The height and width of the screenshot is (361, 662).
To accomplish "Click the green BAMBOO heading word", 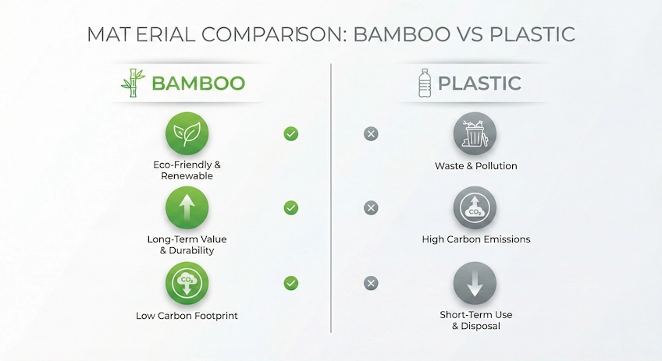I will coord(198,83).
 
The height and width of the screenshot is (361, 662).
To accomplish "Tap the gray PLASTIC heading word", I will coord(479,83).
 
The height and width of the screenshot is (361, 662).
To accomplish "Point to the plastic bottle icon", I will coord(425,83).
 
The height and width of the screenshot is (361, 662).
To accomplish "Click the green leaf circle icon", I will coord(187,133).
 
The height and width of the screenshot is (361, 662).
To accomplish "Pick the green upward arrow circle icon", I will coord(187,208).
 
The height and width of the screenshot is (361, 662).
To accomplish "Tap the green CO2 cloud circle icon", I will coord(187,283).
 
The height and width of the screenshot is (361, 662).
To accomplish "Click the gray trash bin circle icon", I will coord(475,133).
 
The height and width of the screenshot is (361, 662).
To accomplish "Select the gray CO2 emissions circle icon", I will coord(475,208).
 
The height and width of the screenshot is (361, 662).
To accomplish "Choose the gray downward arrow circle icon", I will coord(475,283).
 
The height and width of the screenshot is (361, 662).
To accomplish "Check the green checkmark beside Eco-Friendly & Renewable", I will coord(290,134).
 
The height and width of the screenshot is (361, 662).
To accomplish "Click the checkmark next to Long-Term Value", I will coord(290,208).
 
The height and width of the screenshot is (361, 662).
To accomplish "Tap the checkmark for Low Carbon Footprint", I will coord(290,283).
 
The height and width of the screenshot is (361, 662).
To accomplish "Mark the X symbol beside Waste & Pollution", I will coord(371,134).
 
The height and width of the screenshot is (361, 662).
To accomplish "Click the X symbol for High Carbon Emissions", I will coord(371,208).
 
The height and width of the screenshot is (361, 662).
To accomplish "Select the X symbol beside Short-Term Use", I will coord(371,283).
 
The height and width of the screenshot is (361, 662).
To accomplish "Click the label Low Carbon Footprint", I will coord(187,316).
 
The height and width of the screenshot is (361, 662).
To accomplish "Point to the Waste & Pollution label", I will coord(475,166).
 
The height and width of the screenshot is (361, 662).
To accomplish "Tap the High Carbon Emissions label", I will coord(475,239).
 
